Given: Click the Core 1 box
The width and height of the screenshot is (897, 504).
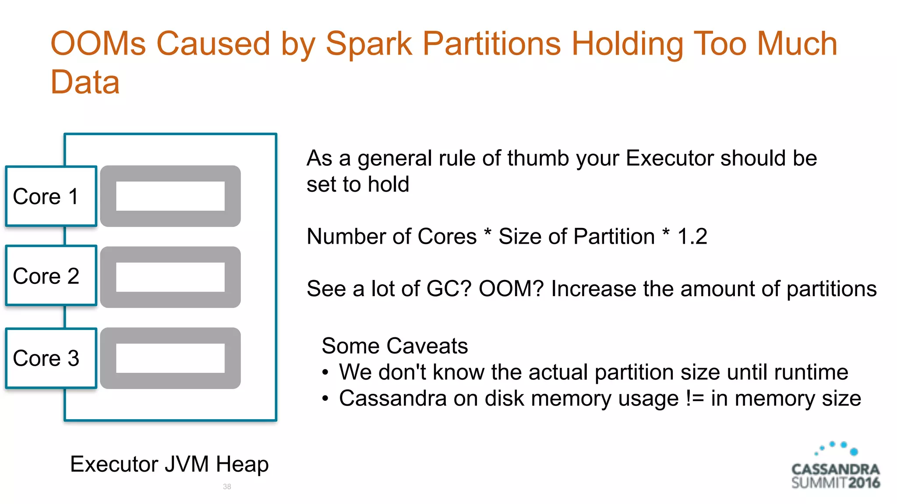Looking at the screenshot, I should click(51, 196).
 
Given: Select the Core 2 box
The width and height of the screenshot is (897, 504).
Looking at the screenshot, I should click(51, 276).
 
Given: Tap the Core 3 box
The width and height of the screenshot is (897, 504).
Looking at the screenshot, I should click(51, 358).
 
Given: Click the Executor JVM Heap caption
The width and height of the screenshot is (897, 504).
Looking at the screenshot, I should click(169, 464).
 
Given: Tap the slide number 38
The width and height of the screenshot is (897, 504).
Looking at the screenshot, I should click(227, 486).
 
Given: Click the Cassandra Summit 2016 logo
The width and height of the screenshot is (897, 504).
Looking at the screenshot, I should click(836, 467).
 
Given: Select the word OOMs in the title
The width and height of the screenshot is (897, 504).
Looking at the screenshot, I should click(98, 44).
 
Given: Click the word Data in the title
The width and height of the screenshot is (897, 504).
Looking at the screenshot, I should click(85, 82).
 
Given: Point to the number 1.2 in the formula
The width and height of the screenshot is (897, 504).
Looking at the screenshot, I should click(692, 237).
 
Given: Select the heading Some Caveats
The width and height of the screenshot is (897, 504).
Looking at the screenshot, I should click(395, 346).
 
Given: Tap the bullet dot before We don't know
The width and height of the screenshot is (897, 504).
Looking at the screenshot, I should click(325, 373).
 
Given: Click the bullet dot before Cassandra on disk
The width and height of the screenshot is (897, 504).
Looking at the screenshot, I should click(325, 399).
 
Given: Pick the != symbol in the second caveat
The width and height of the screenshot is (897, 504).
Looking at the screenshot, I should click(695, 399).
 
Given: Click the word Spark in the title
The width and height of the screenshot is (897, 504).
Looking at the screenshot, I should click(369, 44).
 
